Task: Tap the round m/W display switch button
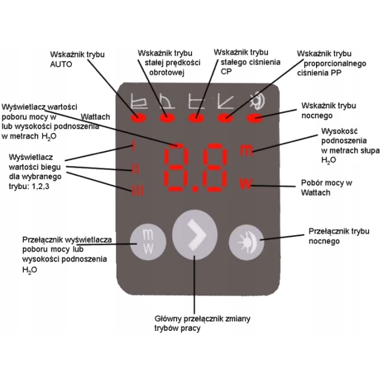pyautogui.click(x=148, y=242)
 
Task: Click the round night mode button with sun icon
pyautogui.click(x=247, y=242)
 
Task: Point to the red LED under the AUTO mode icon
pyautogui.click(x=138, y=118)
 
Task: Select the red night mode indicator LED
pyautogui.click(x=255, y=118)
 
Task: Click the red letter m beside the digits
pyautogui.click(x=246, y=150)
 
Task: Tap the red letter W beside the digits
pyautogui.click(x=245, y=184)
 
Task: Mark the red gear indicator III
pyautogui.click(x=138, y=190)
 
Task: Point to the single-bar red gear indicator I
pyautogui.click(x=133, y=145)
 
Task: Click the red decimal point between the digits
pyautogui.click(x=195, y=189)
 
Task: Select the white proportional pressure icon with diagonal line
pyautogui.click(x=226, y=101)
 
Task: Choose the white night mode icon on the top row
pyautogui.click(x=258, y=100)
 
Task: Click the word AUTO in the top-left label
pyautogui.click(x=61, y=64)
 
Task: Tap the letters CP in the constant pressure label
pyautogui.click(x=226, y=71)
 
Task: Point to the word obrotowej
pyautogui.click(x=166, y=72)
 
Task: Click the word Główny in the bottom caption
pyautogui.click(x=168, y=318)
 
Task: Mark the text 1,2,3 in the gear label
pyautogui.click(x=41, y=186)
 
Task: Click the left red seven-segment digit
pyautogui.click(x=175, y=167)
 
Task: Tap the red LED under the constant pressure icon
pyautogui.click(x=196, y=118)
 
